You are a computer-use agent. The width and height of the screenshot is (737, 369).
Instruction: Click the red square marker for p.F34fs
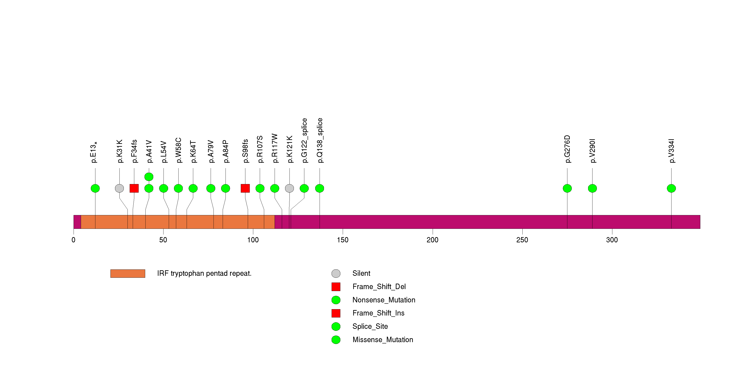coord(134,188)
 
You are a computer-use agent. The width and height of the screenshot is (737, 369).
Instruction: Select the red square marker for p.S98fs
coord(245,188)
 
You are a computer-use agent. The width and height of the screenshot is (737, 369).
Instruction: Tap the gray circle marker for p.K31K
coord(119,188)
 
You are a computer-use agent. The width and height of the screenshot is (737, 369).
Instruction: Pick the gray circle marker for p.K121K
coord(289,188)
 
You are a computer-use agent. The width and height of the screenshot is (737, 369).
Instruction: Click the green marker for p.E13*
coord(95,188)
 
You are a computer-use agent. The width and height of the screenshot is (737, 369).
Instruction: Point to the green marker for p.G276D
coord(567,188)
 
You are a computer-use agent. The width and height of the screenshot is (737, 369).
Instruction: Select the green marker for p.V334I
coord(671,188)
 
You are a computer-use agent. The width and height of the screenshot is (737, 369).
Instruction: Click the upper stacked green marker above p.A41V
coord(149,177)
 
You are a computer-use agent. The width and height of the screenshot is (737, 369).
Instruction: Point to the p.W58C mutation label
coord(178,150)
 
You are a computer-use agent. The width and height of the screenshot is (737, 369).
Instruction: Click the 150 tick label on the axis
coord(343,240)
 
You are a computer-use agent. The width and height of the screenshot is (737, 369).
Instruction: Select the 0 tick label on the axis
coord(74,240)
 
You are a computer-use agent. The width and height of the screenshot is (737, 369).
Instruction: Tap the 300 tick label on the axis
coord(612,240)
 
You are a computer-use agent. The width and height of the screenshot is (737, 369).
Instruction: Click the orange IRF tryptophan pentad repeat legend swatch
coord(128,273)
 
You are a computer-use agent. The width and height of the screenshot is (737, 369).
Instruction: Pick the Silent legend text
coord(361,273)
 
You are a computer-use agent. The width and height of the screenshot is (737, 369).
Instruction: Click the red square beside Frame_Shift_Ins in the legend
coord(336,313)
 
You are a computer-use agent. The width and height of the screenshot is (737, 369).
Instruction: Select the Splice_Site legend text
coord(370,326)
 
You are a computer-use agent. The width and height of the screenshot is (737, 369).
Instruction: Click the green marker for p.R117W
coord(275,188)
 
